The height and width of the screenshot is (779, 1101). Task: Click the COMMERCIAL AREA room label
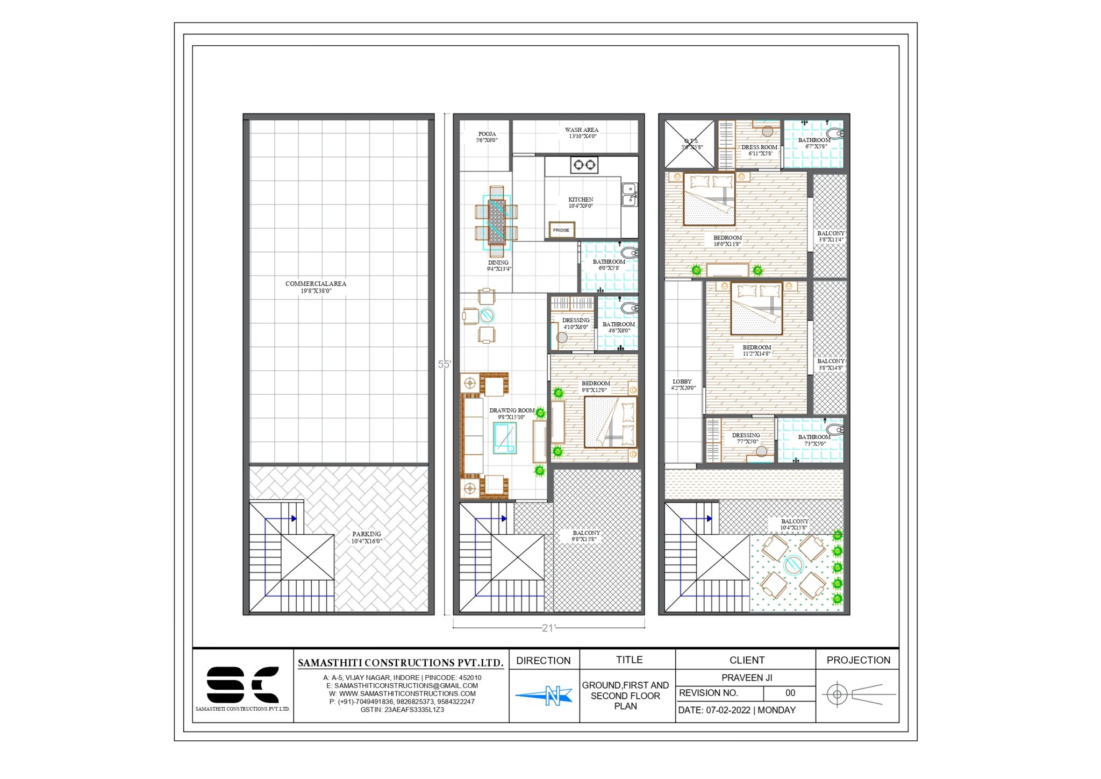(x=316, y=284)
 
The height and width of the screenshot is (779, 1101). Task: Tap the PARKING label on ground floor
(x=367, y=534)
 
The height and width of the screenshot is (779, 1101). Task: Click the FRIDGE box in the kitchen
(x=561, y=230)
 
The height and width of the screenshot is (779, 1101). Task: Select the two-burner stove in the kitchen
(x=584, y=165)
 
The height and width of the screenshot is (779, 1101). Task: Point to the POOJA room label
(x=487, y=134)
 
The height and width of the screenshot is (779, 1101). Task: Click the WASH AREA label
(x=581, y=130)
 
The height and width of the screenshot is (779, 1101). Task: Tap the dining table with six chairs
(x=496, y=222)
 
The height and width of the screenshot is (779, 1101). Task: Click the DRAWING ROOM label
(x=511, y=410)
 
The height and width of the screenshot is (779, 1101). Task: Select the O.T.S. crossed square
(x=690, y=144)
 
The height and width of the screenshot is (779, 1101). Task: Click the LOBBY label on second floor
(x=682, y=381)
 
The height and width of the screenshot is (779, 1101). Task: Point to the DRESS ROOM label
(x=759, y=147)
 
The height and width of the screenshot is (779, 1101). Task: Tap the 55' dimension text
(x=444, y=364)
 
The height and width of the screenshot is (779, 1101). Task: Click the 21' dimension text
(x=548, y=628)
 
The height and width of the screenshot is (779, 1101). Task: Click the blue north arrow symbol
(x=544, y=696)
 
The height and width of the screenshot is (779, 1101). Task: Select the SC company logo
(x=242, y=685)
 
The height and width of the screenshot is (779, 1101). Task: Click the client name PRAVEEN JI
(x=746, y=677)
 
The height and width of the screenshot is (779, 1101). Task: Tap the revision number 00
(x=790, y=693)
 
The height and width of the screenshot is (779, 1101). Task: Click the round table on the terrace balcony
(x=793, y=564)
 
